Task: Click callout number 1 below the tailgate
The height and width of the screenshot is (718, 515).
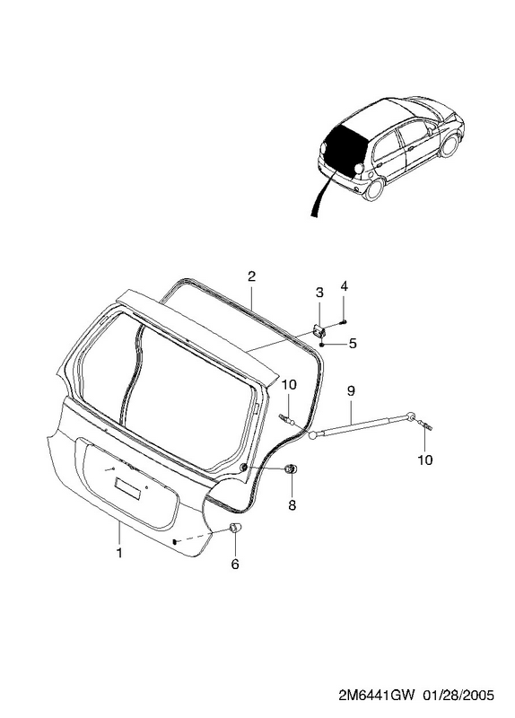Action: pyautogui.click(x=119, y=553)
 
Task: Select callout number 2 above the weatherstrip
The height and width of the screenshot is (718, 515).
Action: pyautogui.click(x=251, y=276)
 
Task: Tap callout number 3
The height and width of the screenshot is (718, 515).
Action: pyautogui.click(x=319, y=292)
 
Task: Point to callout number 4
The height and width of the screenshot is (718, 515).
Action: pyautogui.click(x=345, y=286)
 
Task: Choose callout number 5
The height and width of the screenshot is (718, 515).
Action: pyautogui.click(x=352, y=344)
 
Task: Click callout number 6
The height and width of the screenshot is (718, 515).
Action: pyautogui.click(x=235, y=565)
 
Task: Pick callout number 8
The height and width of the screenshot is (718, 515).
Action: pyautogui.click(x=292, y=505)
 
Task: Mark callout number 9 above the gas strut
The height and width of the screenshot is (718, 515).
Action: pyautogui.click(x=351, y=390)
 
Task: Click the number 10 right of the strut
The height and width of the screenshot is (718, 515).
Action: pyautogui.click(x=425, y=459)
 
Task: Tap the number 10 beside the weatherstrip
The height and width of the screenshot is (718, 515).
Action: pyautogui.click(x=289, y=385)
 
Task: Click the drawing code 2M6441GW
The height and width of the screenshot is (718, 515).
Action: pyautogui.click(x=377, y=696)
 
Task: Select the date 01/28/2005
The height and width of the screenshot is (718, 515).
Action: pyautogui.click(x=458, y=696)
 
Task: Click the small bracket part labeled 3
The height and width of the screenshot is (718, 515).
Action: pyautogui.click(x=319, y=329)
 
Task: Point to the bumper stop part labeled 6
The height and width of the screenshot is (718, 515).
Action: pyautogui.click(x=235, y=528)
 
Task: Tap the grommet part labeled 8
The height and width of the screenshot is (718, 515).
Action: pyautogui.click(x=290, y=468)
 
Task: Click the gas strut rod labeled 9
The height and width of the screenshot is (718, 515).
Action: pyautogui.click(x=363, y=425)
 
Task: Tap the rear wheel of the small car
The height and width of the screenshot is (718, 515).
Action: pyautogui.click(x=375, y=188)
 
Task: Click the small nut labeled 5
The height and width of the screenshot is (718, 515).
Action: pyautogui.click(x=322, y=345)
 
